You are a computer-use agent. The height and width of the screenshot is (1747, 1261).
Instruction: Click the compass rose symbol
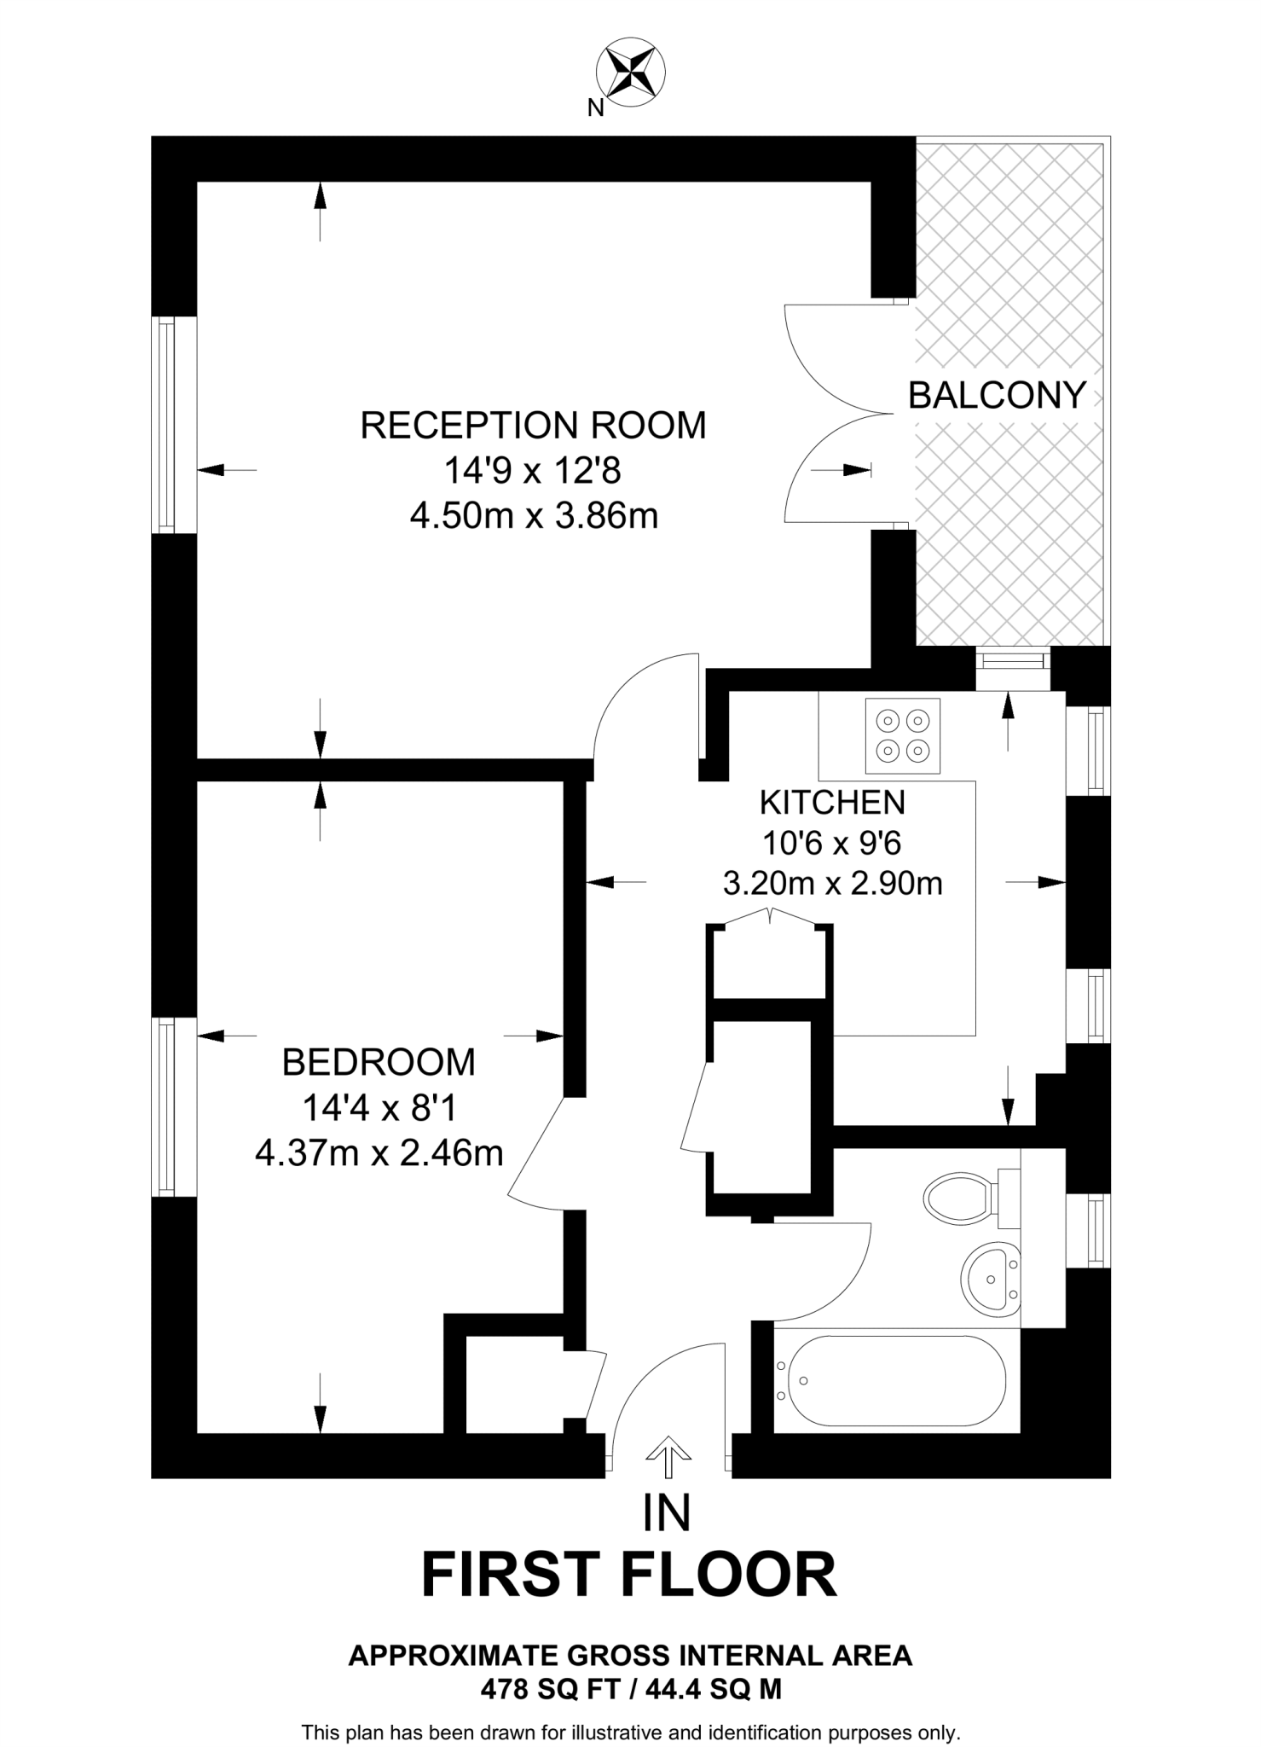[630, 72]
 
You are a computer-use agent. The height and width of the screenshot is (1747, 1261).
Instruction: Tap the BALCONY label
[997, 395]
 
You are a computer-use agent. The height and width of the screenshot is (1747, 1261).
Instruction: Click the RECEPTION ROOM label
[534, 425]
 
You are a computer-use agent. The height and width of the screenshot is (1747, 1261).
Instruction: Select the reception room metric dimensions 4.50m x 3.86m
[534, 515]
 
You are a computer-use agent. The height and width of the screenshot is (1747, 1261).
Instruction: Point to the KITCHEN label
[832, 802]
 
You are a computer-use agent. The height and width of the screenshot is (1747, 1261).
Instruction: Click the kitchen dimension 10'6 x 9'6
[832, 843]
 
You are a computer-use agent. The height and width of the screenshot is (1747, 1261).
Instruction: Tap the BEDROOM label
[379, 1062]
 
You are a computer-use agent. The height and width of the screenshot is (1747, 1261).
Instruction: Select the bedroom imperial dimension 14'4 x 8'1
[379, 1108]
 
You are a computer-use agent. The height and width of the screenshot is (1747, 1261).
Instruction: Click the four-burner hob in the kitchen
[903, 734]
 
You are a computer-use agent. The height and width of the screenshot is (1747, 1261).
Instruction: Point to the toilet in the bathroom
[961, 1198]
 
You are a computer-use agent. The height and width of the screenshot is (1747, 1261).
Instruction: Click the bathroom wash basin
[991, 1279]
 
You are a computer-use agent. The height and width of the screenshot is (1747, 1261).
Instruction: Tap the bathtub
[895, 1379]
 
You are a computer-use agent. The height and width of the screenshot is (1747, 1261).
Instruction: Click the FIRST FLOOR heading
[629, 1576]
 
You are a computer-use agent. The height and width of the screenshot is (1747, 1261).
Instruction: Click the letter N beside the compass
[596, 107]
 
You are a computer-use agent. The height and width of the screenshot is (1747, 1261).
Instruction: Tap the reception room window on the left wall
[166, 425]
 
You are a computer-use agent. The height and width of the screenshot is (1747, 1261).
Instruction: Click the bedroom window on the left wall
[166, 1106]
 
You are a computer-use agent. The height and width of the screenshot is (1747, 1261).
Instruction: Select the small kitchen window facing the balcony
[1012, 659]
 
